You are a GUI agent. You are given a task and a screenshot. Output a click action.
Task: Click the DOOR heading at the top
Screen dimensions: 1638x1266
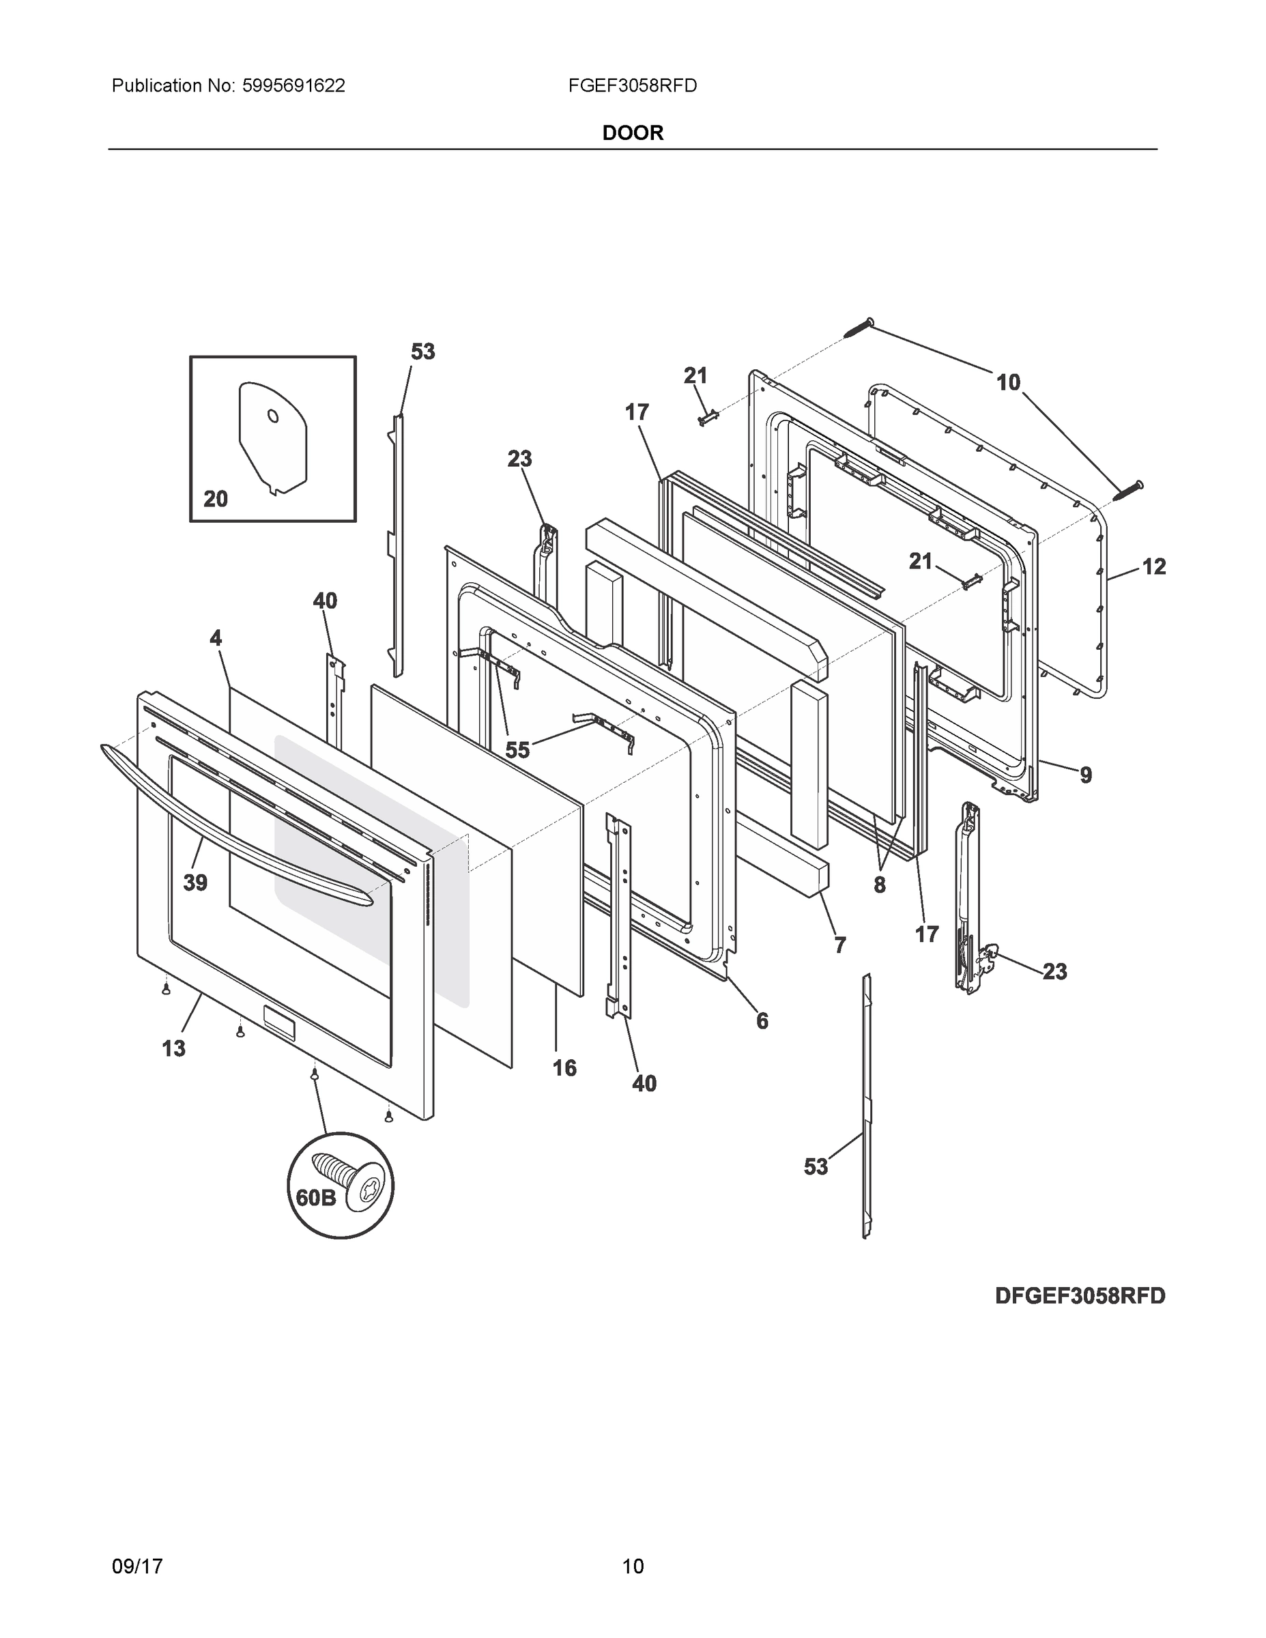point(632,133)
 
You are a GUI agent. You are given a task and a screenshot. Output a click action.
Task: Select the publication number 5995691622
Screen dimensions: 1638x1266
point(293,85)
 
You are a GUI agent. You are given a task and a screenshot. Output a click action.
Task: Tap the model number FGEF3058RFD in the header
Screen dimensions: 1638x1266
point(632,85)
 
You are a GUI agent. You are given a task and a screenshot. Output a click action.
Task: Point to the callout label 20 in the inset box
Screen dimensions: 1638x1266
point(215,499)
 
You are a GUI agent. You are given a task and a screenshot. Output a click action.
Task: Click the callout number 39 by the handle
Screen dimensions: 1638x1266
point(195,882)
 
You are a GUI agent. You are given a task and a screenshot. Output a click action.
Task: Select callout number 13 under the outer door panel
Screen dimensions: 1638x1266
point(173,1048)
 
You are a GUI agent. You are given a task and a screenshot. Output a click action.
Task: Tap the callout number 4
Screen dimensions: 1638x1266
point(215,638)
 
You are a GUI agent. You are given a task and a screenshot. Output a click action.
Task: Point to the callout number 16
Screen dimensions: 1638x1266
point(564,1068)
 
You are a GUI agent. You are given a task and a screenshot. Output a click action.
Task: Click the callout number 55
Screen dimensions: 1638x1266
point(517,749)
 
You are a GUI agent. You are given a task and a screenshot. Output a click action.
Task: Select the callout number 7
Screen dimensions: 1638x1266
point(839,945)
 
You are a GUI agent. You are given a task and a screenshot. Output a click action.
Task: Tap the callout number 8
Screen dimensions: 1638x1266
point(879,885)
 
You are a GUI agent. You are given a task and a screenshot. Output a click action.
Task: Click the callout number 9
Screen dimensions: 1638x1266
point(1085,775)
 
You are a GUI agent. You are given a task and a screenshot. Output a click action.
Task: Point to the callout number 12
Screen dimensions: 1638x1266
point(1153,566)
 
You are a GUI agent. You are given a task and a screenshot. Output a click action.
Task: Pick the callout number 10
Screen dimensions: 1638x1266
point(1008,382)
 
